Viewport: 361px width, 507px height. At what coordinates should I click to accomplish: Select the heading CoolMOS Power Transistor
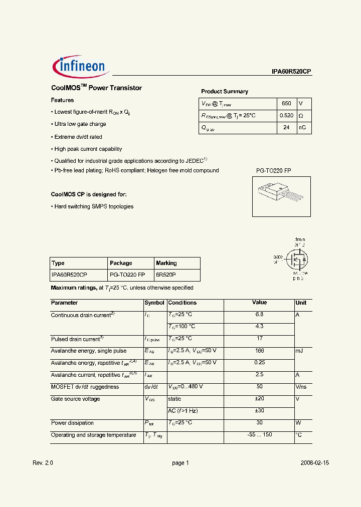click(x=96, y=88)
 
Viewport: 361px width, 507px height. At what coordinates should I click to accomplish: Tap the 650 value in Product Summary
click(x=286, y=103)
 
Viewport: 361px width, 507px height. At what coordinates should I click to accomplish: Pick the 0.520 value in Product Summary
click(x=286, y=116)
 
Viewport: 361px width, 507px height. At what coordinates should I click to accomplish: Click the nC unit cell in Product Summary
click(x=302, y=128)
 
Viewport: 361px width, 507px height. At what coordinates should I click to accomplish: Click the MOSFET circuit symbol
click(x=295, y=259)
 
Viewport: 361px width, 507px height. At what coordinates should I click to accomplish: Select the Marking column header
click(x=166, y=263)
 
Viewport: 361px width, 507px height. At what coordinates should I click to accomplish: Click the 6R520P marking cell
click(x=166, y=275)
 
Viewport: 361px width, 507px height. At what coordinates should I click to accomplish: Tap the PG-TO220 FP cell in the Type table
click(x=127, y=275)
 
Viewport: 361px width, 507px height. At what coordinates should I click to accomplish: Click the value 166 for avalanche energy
click(x=259, y=351)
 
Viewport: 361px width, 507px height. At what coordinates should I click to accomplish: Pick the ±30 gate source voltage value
click(x=259, y=411)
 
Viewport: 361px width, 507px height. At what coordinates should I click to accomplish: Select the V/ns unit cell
click(x=301, y=387)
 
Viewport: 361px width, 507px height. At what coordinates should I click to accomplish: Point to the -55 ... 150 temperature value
click(x=259, y=435)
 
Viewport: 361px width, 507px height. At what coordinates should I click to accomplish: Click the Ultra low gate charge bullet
click(x=80, y=124)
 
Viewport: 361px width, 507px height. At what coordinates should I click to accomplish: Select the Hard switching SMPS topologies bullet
click(x=93, y=206)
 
